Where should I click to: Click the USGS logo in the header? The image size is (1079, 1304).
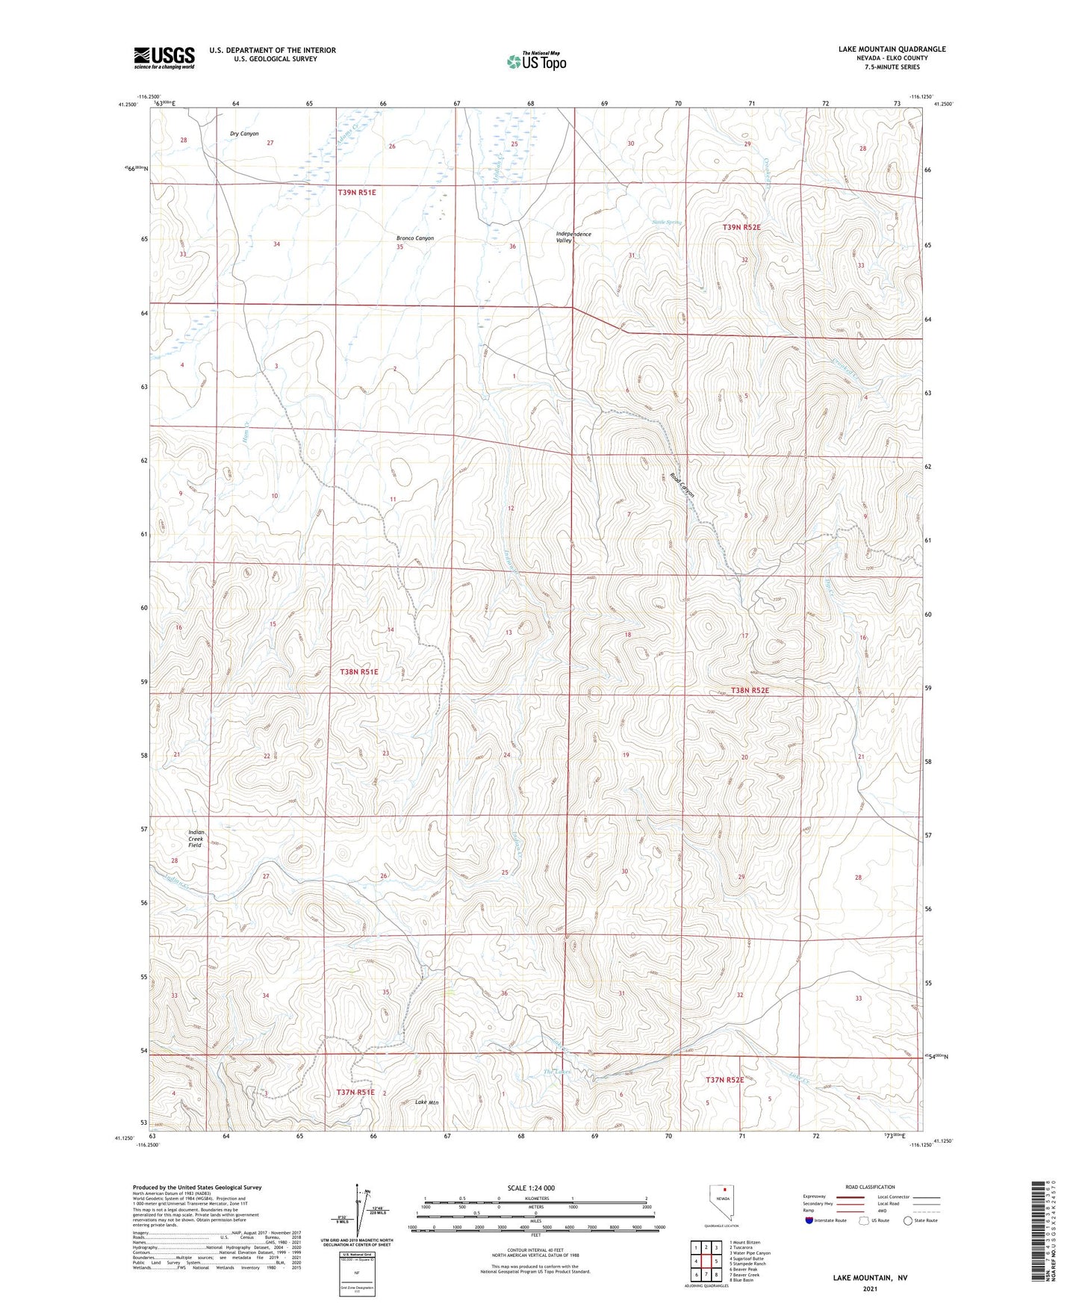point(164,57)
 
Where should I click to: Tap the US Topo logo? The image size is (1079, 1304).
point(535,61)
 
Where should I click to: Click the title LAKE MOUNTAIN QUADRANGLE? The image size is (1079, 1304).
point(892,49)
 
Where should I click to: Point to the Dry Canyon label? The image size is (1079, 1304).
point(244,134)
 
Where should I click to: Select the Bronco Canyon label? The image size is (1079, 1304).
point(414,238)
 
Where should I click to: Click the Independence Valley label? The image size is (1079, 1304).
point(573,237)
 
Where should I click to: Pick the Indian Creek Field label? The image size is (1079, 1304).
point(195,839)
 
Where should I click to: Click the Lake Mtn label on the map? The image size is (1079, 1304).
point(426,1102)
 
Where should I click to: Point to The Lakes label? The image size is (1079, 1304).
point(557,1072)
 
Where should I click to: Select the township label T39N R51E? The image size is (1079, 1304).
point(357,192)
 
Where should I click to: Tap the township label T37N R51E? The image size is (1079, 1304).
point(355,1093)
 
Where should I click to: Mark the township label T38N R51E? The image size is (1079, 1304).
point(359,672)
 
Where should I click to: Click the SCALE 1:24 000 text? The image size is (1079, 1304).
point(531,1188)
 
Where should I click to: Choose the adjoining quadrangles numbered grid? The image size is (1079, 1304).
point(706,1264)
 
